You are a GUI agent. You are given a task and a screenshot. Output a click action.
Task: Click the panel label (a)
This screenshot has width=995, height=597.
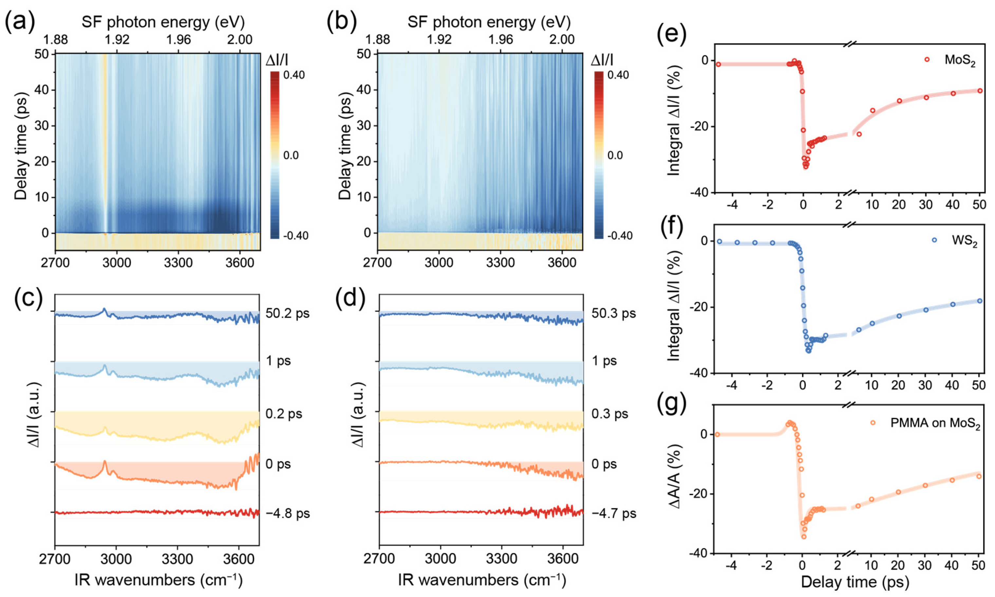coord(19,22)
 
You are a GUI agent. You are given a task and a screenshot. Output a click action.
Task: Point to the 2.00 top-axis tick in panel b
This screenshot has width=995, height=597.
coord(562,40)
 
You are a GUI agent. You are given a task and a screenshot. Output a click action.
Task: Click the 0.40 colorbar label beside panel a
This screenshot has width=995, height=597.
coord(293,75)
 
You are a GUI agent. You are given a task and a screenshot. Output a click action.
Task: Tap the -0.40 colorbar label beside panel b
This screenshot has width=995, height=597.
coord(619,235)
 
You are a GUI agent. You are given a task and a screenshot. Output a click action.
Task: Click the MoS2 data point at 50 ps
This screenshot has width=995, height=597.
coord(980,91)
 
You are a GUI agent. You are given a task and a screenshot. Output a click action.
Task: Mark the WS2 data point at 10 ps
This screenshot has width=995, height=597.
coord(872,323)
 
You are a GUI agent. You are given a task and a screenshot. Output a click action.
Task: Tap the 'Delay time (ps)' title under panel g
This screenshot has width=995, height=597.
coord(855,582)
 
